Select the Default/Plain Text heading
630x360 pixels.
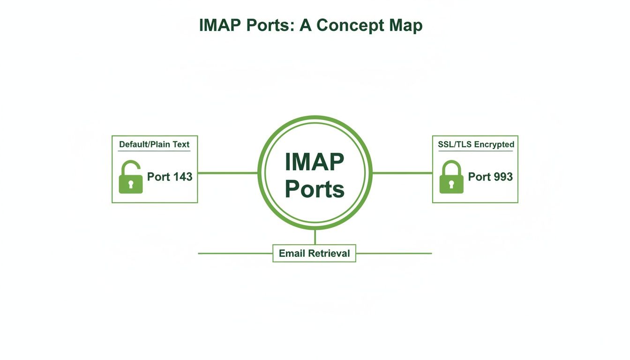point(154,144)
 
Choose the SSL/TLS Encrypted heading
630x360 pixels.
point(476,144)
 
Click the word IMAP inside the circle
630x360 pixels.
point(315,162)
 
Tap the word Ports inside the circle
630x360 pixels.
point(315,189)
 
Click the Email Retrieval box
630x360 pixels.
point(314,253)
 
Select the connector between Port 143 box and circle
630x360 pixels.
point(228,173)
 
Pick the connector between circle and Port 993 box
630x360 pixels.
point(402,173)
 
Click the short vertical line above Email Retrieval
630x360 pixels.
point(315,237)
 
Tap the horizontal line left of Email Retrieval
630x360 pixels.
point(235,254)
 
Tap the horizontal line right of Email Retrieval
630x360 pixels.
point(394,254)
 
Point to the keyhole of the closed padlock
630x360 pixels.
point(451,184)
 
